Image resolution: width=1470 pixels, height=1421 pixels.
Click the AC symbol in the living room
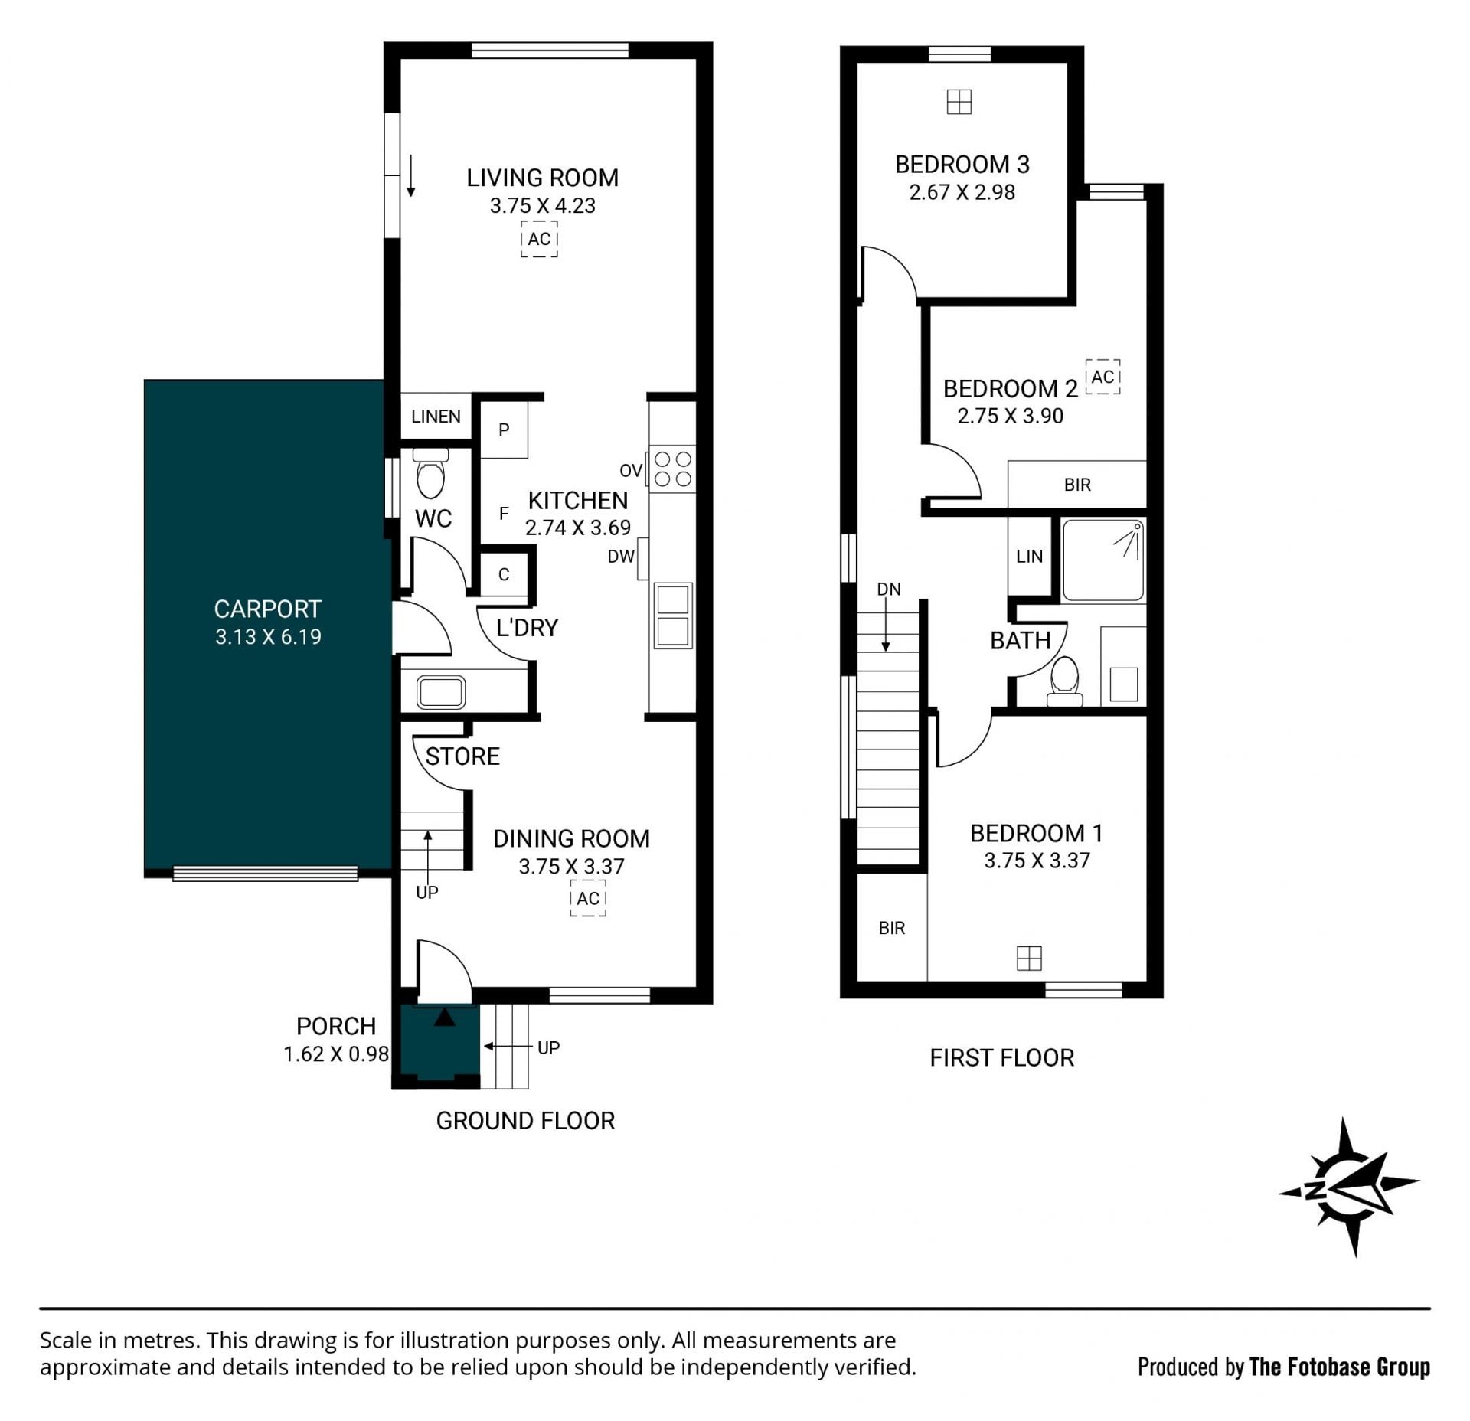539,239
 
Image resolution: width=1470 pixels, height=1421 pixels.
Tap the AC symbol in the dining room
588,898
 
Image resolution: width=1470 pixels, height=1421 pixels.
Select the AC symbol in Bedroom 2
1102,377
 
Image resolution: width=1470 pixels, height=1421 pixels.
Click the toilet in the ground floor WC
430,472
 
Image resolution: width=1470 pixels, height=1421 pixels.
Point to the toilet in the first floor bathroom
1064,681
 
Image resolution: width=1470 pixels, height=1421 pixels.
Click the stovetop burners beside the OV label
672,469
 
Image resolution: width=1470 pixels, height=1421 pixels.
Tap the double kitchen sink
673,616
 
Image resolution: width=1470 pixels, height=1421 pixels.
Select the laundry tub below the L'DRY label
440,692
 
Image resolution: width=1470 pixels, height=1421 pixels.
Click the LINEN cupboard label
436,416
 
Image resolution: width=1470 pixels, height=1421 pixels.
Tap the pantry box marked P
504,430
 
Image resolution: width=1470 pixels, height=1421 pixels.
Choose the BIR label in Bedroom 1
892,928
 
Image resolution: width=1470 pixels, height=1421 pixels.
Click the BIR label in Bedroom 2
1077,485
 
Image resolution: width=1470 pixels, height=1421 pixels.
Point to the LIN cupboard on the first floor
1030,557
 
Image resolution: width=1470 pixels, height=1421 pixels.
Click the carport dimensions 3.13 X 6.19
268,637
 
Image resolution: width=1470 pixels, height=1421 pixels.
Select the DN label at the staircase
889,590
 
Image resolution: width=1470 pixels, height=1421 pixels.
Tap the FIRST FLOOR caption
1002,1058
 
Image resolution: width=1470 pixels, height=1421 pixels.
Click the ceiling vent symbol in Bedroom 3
959,102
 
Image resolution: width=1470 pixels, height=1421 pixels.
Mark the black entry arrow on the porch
445,1017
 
